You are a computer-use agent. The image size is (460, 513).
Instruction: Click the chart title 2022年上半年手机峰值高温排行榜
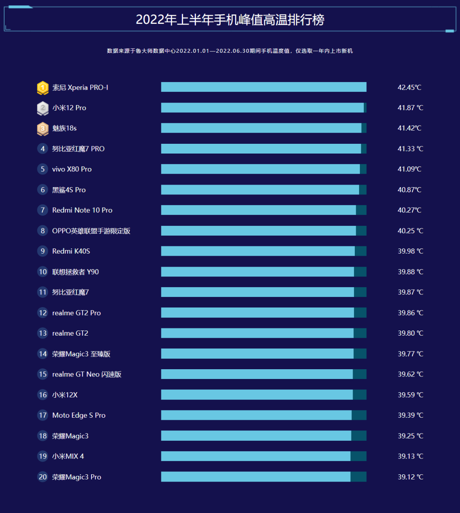pos(230,20)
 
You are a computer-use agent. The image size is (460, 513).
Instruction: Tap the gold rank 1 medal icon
pos(43,88)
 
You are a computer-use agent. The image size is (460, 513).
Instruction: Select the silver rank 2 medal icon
pos(43,108)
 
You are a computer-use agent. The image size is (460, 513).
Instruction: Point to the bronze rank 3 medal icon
pos(43,128)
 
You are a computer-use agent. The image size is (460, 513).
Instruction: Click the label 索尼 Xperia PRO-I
pos(80,88)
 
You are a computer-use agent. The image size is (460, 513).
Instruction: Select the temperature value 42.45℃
pos(409,88)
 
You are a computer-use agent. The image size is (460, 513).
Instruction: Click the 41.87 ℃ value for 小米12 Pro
pos(410,108)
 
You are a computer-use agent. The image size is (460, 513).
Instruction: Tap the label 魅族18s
pos(64,128)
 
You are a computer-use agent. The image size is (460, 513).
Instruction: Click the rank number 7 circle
pos(43,210)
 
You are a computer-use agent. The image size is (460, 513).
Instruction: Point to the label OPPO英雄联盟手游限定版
pos(91,231)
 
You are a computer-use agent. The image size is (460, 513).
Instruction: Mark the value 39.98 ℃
pos(410,251)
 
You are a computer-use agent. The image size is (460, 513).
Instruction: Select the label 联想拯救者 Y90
pos(75,272)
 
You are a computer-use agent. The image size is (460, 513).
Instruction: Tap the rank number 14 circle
pos(43,354)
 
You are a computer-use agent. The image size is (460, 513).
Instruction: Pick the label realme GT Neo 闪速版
pos(87,374)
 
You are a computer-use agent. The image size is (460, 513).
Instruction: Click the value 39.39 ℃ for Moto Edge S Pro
pos(410,415)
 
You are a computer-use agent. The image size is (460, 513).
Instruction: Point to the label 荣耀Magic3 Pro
pos(77,477)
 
